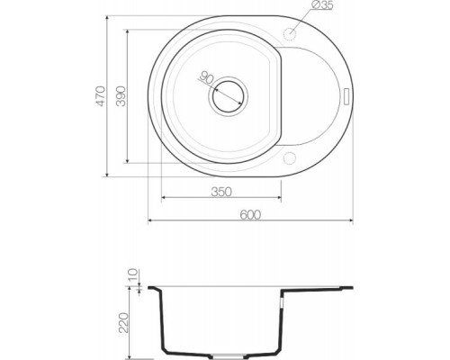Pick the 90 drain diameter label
coord(206,78)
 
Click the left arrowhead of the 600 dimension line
coord(149,221)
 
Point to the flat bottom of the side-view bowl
coord(225,351)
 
